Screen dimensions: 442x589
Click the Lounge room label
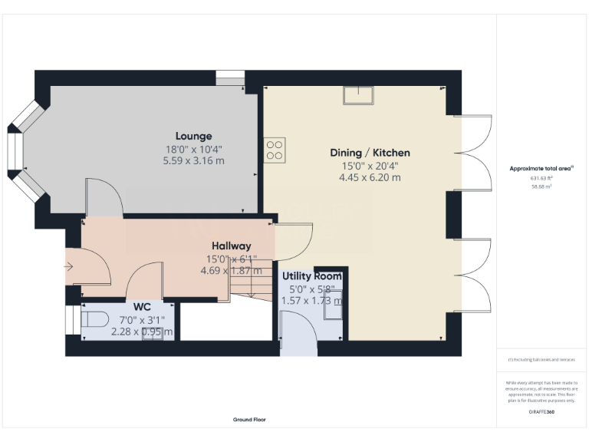(193, 136)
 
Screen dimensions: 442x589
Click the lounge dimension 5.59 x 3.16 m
(193, 160)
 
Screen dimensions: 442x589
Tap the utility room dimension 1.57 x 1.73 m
(312, 300)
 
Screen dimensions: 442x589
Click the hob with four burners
(275, 150)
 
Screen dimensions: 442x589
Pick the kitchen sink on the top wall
(359, 95)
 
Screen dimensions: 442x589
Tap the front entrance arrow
(69, 267)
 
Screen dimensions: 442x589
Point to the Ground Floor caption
(249, 420)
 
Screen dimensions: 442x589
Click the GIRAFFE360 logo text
(541, 412)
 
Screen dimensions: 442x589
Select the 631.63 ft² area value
(541, 177)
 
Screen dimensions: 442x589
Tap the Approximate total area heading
(541, 168)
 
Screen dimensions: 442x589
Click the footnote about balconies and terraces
(541, 359)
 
